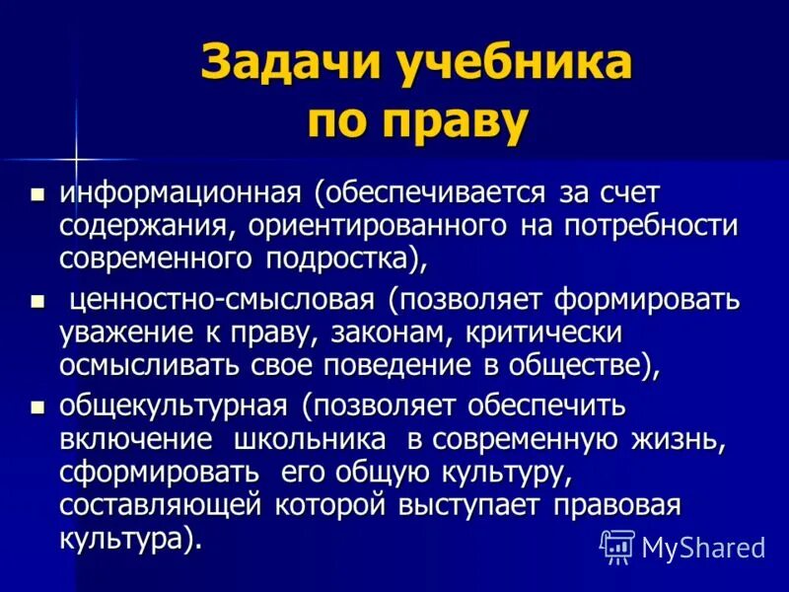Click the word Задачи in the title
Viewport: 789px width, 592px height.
(x=275, y=67)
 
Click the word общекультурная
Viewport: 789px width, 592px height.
(x=174, y=406)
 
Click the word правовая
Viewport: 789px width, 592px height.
(x=616, y=506)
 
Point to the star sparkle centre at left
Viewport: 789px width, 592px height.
(x=75, y=157)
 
